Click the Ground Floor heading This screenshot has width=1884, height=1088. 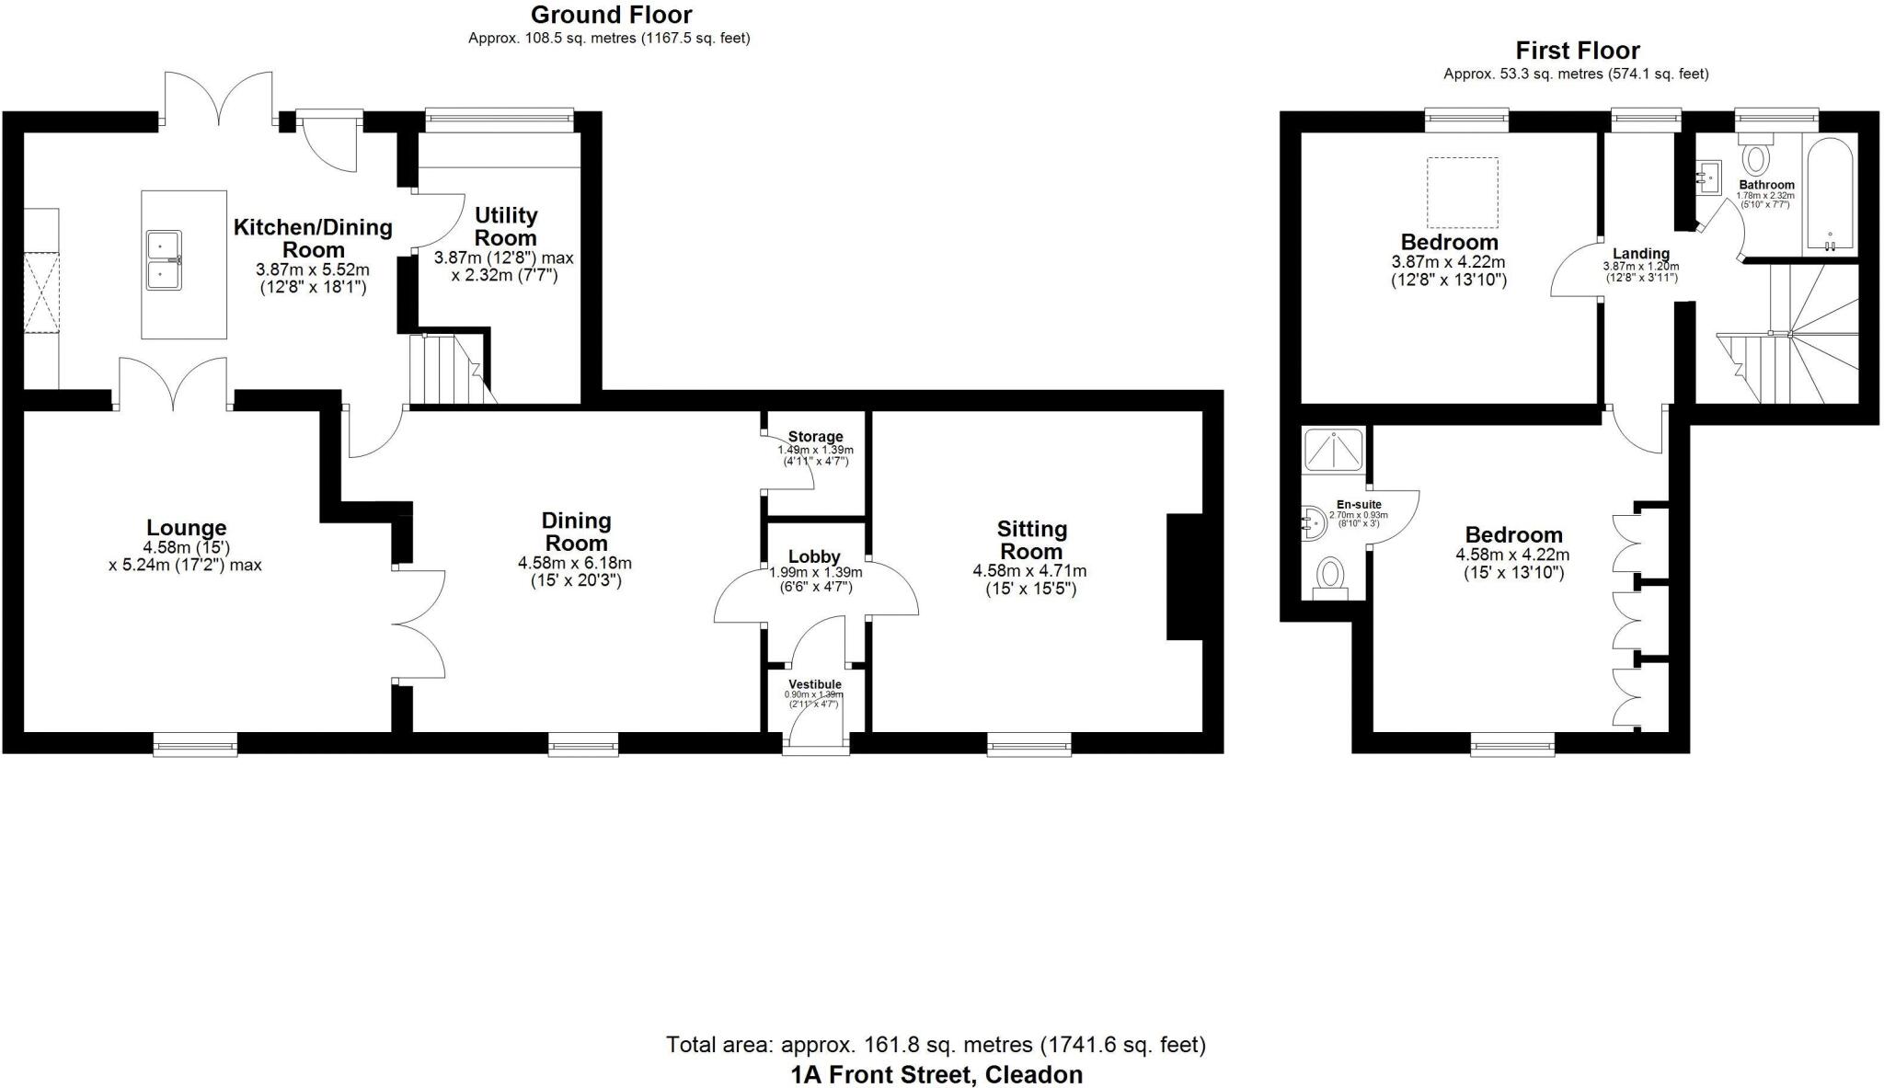point(611,15)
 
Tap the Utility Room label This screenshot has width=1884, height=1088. point(505,226)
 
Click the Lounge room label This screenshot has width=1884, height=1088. point(186,528)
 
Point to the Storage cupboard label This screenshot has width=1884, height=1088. point(815,436)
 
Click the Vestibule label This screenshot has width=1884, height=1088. point(815,684)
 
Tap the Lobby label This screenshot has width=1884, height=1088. point(814,556)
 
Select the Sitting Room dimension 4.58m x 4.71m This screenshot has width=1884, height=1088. point(1029,571)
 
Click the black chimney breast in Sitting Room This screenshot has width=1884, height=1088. point(1185,576)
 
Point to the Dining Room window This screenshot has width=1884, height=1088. point(583,744)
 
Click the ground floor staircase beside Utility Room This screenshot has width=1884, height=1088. point(448,370)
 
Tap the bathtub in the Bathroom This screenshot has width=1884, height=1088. point(1830,195)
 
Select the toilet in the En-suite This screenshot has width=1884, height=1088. point(1330,577)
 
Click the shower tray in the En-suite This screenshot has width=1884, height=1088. point(1333,450)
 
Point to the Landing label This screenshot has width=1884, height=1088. point(1640,254)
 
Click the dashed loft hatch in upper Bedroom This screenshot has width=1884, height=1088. point(1462,192)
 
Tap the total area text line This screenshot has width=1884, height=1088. point(935,1045)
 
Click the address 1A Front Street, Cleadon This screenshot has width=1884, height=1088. point(936,1074)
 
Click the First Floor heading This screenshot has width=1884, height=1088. point(1577,51)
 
